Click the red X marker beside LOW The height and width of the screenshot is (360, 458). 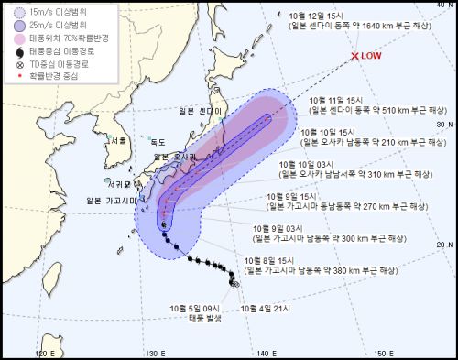355,57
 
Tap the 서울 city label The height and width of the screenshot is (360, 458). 116,140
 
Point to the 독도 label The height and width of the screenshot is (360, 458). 158,142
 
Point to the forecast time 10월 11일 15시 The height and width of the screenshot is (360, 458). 337,99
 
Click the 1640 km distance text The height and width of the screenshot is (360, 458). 389,27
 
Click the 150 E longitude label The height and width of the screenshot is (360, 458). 379,353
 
